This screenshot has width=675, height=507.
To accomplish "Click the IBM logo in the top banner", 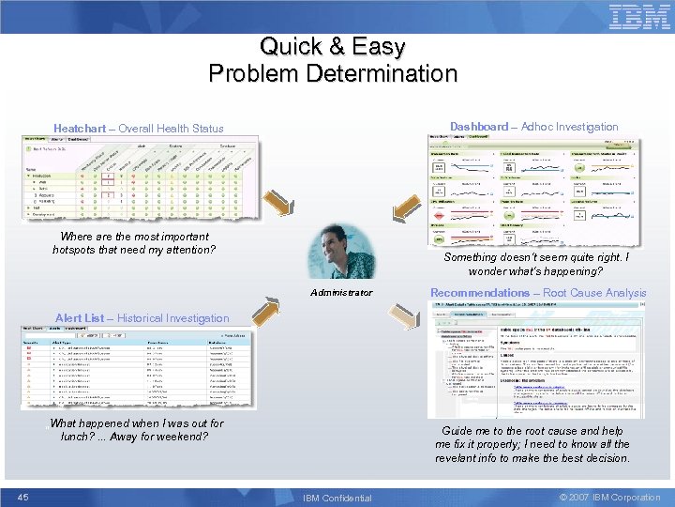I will tap(640, 17).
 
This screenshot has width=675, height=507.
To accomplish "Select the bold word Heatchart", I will tap(80, 129).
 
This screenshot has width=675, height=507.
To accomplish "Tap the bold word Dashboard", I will tap(478, 127).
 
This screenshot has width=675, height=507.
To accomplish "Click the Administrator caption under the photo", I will tap(340, 293).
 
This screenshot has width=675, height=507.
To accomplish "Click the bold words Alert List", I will tap(80, 318).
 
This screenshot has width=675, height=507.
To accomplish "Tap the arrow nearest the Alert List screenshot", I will tap(271, 312).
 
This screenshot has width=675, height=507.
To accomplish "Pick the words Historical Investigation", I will tap(172, 318).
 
